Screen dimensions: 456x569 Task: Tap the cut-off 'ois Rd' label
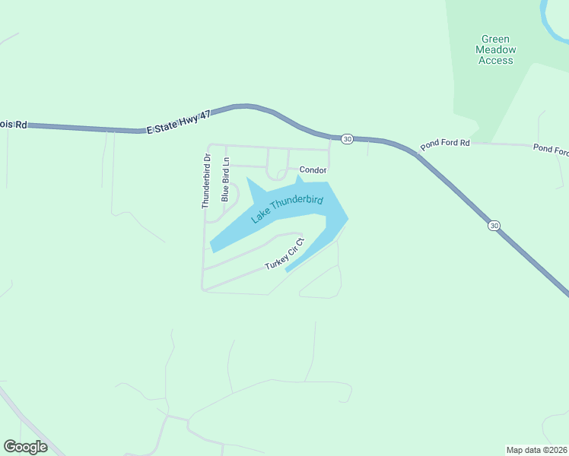14,124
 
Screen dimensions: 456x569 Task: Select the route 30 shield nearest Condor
347,139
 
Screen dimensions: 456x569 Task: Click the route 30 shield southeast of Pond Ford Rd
494,225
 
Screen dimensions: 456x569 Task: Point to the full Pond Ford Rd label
445,143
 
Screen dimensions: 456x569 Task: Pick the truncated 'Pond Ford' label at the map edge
551,150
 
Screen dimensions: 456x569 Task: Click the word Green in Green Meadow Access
495,40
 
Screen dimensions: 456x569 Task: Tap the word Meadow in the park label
495,50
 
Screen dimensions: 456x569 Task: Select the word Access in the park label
495,60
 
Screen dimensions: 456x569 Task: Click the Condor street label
313,170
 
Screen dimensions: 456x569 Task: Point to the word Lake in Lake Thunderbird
261,216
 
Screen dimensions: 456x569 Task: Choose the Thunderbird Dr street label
205,182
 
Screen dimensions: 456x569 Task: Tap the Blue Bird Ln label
225,180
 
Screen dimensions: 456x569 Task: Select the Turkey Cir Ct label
284,254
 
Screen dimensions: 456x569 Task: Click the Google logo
25,447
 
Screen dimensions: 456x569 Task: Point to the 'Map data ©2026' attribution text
536,449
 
